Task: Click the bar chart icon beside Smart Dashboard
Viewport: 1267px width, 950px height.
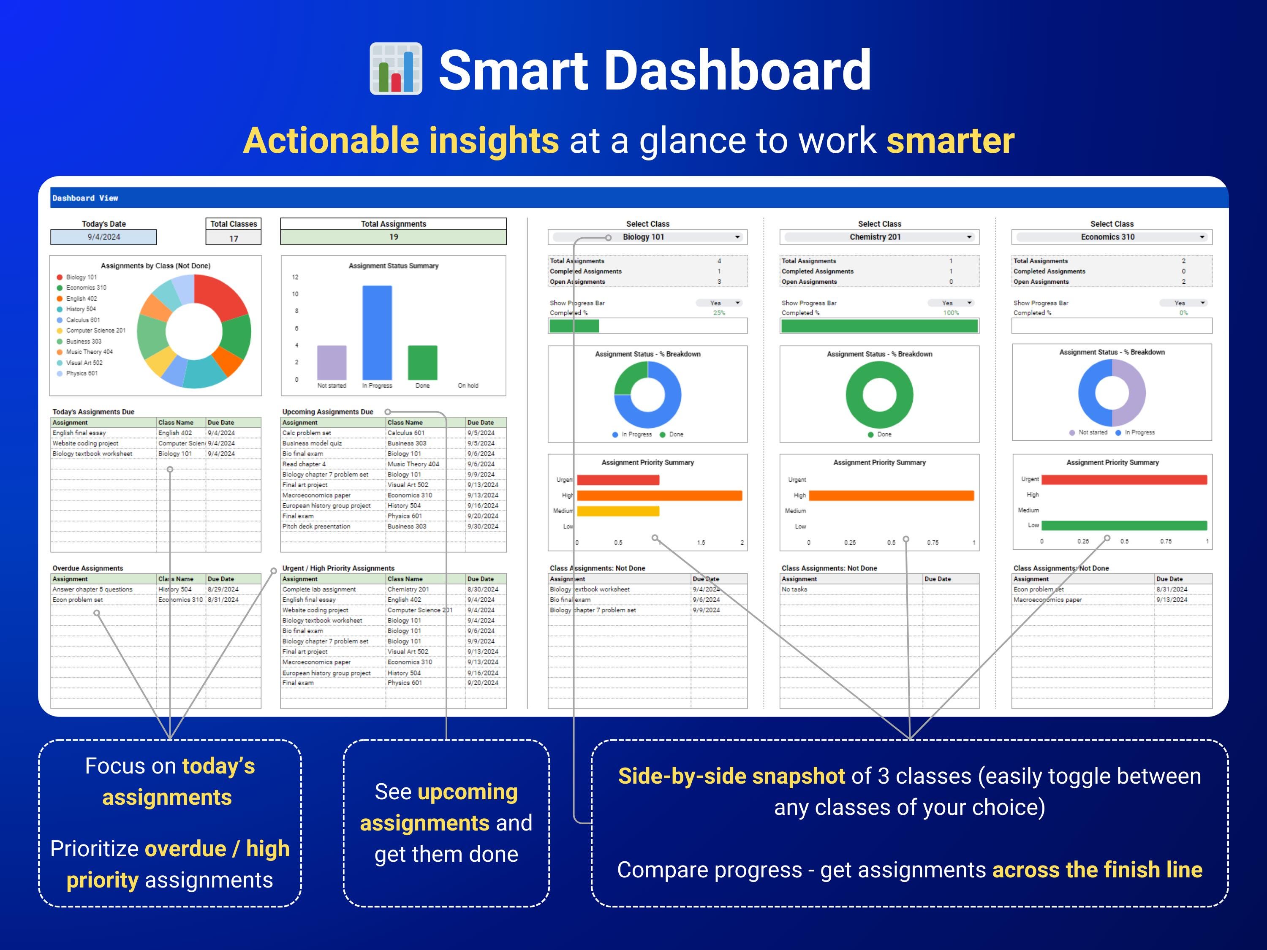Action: point(396,69)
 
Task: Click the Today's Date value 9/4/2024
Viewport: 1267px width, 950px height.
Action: point(103,237)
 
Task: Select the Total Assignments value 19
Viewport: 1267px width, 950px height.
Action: point(394,237)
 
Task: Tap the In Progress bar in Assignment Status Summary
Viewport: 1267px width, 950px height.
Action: point(377,332)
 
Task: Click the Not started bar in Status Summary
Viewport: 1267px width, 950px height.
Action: point(332,362)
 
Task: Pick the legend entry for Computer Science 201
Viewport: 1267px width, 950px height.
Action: point(95,331)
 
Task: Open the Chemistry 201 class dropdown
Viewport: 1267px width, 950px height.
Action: point(969,237)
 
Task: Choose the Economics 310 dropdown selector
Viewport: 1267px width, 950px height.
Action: point(1202,237)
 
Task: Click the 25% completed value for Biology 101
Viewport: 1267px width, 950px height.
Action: point(719,313)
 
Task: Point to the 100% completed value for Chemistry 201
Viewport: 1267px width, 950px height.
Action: point(951,313)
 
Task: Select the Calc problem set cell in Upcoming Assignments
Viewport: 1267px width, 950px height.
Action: point(307,433)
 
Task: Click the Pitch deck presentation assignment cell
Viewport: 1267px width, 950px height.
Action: point(316,526)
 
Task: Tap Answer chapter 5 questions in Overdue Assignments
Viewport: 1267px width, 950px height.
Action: point(92,589)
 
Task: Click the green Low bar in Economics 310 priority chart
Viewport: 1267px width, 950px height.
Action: point(1124,525)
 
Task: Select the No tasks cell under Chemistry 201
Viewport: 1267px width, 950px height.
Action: point(794,589)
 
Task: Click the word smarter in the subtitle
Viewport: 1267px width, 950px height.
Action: point(950,141)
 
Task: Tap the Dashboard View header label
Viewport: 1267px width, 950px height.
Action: point(85,198)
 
